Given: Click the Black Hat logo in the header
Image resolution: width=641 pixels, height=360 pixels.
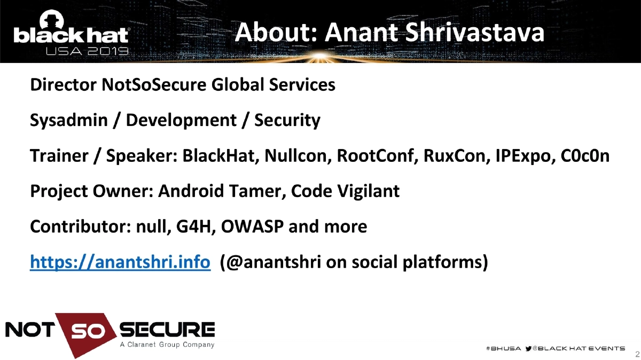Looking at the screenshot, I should [71, 33].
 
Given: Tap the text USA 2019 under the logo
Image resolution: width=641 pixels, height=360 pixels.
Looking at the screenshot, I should [87, 52].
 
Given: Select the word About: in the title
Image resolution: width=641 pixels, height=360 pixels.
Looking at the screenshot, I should [276, 33].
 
